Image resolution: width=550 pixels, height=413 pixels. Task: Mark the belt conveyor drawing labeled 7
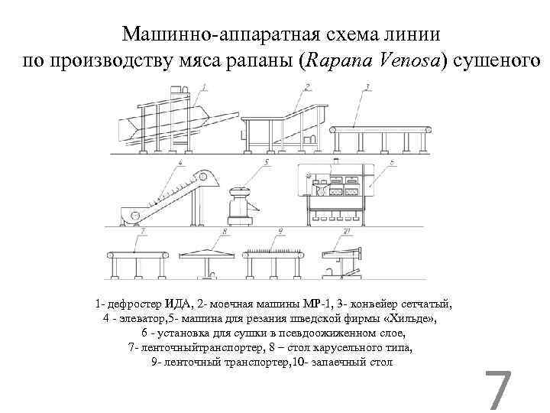pos(137,257)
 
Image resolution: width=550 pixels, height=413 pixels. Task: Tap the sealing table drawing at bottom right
pos(344,260)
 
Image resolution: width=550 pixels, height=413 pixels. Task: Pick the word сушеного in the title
pos(496,60)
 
